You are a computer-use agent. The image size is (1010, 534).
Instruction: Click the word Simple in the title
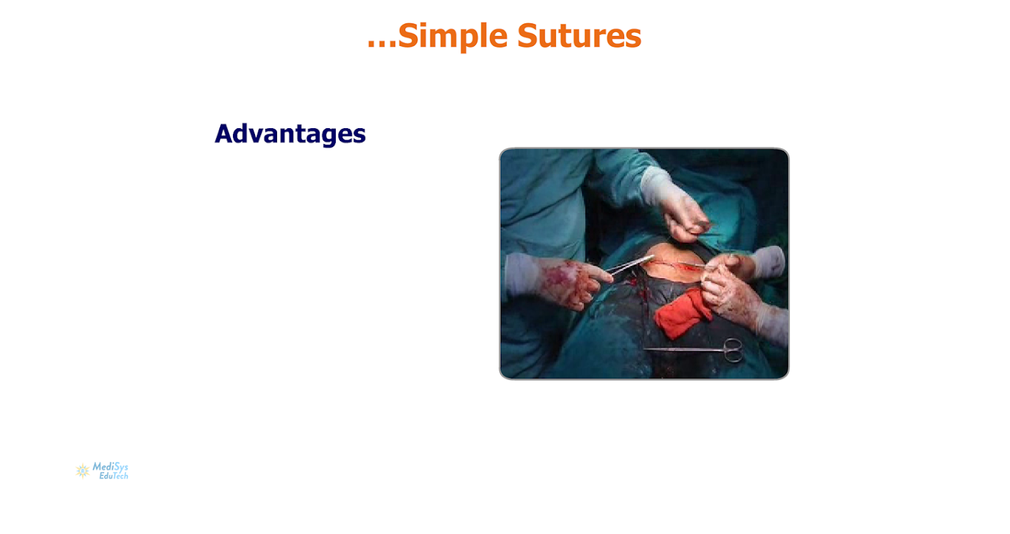(x=453, y=36)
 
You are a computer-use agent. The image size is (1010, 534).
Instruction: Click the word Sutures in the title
(x=579, y=35)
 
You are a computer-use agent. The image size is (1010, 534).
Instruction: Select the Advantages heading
(x=290, y=134)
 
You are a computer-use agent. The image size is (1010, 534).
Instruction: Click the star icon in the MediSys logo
(x=83, y=471)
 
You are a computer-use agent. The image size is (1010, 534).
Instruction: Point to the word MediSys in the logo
(x=110, y=467)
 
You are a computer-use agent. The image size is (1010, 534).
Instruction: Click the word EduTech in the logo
(x=113, y=476)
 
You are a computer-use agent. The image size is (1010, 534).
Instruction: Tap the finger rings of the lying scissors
(x=734, y=350)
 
